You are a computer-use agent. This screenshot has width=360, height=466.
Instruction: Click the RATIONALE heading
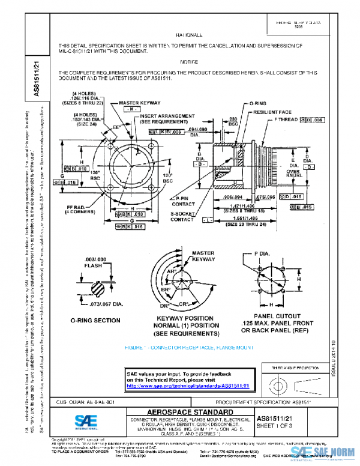tap(189, 35)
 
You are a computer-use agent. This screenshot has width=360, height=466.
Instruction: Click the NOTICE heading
tap(189, 62)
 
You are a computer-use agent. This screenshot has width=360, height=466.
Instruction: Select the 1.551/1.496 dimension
tap(247, 220)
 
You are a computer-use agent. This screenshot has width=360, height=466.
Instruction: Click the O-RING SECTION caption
tap(95, 321)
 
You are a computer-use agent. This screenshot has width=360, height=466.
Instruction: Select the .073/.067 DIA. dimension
tap(112, 304)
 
